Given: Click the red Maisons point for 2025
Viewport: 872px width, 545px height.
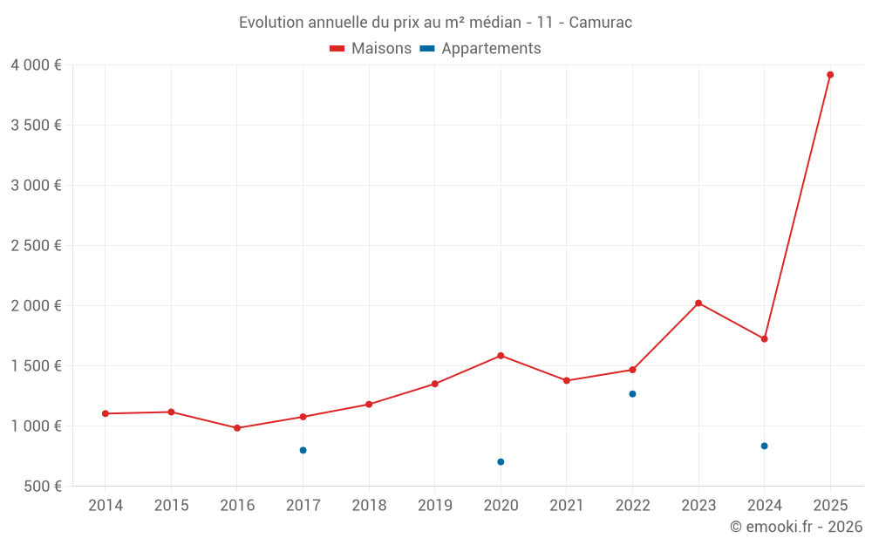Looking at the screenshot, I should click(x=830, y=75).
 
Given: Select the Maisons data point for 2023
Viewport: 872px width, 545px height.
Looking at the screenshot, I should click(x=698, y=303).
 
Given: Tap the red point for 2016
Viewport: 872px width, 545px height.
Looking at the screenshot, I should click(x=237, y=428).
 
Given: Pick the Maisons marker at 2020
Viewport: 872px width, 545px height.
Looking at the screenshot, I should click(x=501, y=356).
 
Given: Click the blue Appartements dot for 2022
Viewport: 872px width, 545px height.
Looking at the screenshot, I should click(x=632, y=394).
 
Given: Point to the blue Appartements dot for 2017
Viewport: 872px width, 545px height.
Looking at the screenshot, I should click(x=303, y=450).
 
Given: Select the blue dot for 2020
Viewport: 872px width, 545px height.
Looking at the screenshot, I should click(x=501, y=461).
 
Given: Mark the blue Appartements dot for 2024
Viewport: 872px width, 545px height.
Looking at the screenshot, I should click(x=764, y=446).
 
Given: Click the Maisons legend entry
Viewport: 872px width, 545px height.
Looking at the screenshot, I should click(x=371, y=49).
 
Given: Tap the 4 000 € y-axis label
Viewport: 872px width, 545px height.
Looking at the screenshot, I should click(x=36, y=65).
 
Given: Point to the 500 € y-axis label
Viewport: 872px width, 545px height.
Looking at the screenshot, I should click(x=42, y=487).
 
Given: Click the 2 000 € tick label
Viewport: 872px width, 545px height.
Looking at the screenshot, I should click(x=36, y=306).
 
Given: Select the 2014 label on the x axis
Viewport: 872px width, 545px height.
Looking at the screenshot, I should click(x=106, y=506).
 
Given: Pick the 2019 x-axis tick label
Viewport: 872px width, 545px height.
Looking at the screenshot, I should click(x=435, y=506).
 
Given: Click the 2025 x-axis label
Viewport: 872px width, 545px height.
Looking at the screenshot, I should click(x=830, y=506).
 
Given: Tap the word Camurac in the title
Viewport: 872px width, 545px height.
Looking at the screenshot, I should click(x=601, y=22).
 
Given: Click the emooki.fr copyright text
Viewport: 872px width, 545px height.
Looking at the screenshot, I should click(x=795, y=527).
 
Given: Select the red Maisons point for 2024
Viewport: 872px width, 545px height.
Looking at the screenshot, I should click(x=764, y=338).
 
